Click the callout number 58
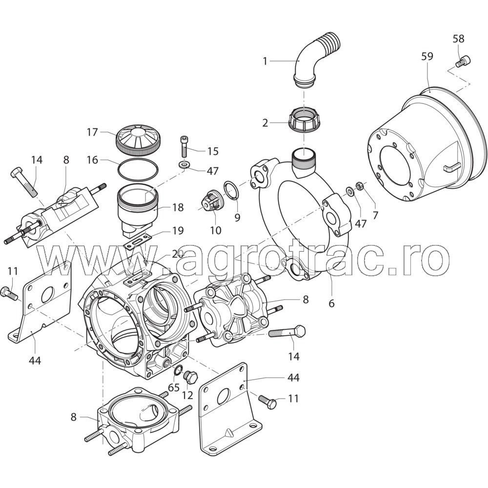tap(458, 39)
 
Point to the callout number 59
tap(427, 56)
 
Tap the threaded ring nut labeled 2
tap(304, 121)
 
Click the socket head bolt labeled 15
tap(183, 146)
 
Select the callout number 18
tap(178, 207)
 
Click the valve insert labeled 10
tap(210, 200)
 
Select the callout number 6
tap(331, 303)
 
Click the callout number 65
tap(174, 387)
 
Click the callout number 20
tap(178, 255)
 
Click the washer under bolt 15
tap(184, 164)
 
